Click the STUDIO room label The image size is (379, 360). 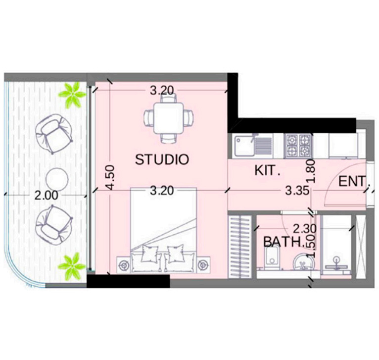pyautogui.click(x=162, y=159)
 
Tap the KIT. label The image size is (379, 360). pyautogui.click(x=267, y=170)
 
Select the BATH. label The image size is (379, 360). pyautogui.click(x=283, y=242)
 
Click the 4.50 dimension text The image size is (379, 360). pyautogui.click(x=110, y=177)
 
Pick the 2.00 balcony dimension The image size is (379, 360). pyautogui.click(x=47, y=196)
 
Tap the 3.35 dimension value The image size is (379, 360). pyautogui.click(x=297, y=191)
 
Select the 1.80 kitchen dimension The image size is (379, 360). pyautogui.click(x=311, y=171)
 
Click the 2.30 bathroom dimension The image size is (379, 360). pyautogui.click(x=305, y=228)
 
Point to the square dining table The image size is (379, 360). pyautogui.click(x=169, y=118)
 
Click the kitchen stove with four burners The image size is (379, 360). pyautogui.click(x=298, y=146)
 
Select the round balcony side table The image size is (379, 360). pyautogui.click(x=57, y=179)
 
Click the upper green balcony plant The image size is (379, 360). pyautogui.click(x=72, y=95)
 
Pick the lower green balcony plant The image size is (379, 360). pyautogui.click(x=72, y=265)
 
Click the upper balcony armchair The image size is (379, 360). pyautogui.click(x=53, y=134)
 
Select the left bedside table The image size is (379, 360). pyautogui.click(x=124, y=265)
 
